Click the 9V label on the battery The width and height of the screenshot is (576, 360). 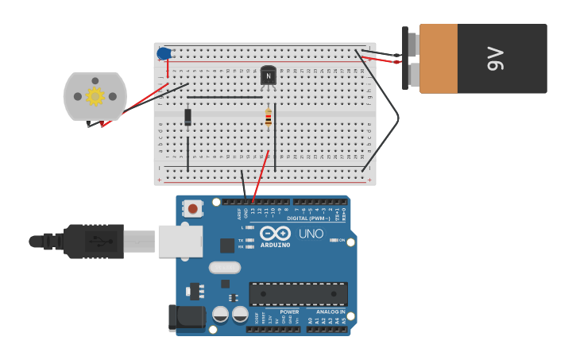(496, 58)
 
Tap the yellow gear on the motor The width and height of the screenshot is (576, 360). (95, 96)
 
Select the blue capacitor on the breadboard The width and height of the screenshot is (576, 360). (164, 54)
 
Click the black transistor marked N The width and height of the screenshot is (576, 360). (269, 75)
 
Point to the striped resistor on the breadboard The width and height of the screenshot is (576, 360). (269, 118)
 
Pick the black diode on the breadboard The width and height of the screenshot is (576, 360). (188, 117)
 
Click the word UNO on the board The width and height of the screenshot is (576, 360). (311, 234)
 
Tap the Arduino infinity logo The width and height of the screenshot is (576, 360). (275, 234)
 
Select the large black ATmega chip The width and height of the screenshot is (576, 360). (298, 294)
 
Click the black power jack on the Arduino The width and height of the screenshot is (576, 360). (186, 318)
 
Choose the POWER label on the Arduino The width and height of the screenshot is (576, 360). (289, 312)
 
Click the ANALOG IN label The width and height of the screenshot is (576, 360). (331, 312)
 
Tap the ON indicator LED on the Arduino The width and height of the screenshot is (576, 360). (334, 240)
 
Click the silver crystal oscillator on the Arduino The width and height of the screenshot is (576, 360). (225, 268)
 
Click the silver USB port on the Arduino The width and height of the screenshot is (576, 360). (180, 241)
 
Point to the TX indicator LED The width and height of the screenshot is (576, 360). (249, 240)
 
